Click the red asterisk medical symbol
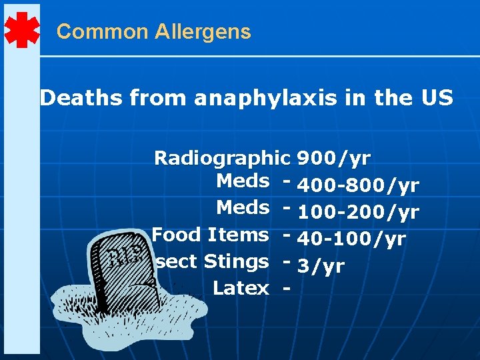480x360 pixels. click(21, 30)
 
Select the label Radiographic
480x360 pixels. click(222, 158)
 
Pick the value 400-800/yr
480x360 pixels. click(358, 185)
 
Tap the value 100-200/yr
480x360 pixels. click(358, 212)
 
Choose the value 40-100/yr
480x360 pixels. click(351, 239)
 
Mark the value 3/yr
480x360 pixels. click(321, 266)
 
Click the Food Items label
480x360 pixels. click(210, 235)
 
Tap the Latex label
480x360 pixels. click(241, 288)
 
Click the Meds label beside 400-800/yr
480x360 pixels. click(243, 181)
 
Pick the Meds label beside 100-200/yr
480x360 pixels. click(243, 207)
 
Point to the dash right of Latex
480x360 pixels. click(286, 289)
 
